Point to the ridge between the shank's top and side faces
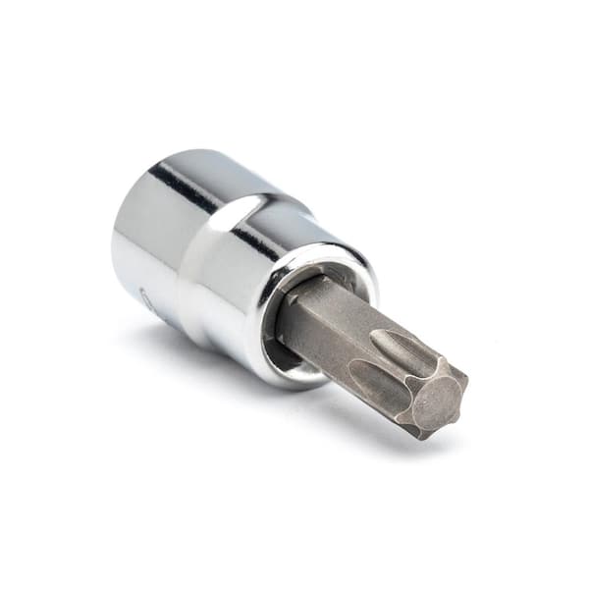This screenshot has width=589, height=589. tap(324, 324)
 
